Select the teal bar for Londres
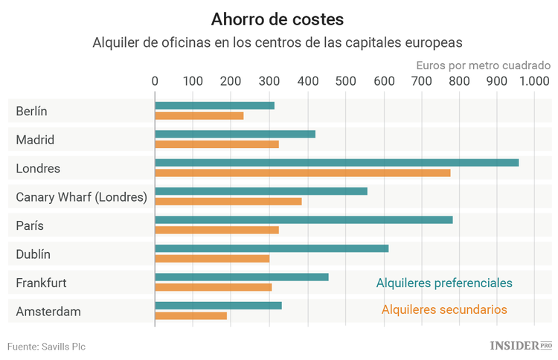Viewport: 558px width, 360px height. pyautogui.click(x=336, y=162)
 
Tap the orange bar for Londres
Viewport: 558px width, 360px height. pyautogui.click(x=302, y=173)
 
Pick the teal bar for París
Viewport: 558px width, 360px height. pyautogui.click(x=304, y=219)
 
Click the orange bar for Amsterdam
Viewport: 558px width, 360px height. pyautogui.click(x=190, y=315)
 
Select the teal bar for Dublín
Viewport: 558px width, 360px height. pyautogui.click(x=272, y=248)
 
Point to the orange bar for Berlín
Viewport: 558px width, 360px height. pyautogui.click(x=199, y=115)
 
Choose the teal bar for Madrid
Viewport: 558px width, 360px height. pyautogui.click(x=235, y=134)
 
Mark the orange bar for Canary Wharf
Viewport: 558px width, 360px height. pyautogui.click(x=228, y=201)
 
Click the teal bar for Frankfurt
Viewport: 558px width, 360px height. pyautogui.click(x=241, y=277)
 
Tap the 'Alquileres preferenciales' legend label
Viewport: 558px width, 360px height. pyautogui.click(x=444, y=283)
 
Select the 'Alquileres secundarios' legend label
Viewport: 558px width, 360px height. pyautogui.click(x=444, y=309)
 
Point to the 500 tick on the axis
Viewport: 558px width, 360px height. pyautogui.click(x=344, y=80)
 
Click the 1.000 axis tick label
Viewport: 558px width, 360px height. pyautogui.click(x=533, y=80)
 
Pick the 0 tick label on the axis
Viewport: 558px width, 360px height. pyautogui.click(x=155, y=80)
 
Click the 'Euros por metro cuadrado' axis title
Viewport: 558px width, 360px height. pyautogui.click(x=483, y=65)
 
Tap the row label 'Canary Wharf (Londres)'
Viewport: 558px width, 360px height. pyautogui.click(x=81, y=197)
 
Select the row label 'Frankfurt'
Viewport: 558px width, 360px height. pyautogui.click(x=41, y=283)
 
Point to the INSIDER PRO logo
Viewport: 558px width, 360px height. pyautogui.click(x=521, y=346)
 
